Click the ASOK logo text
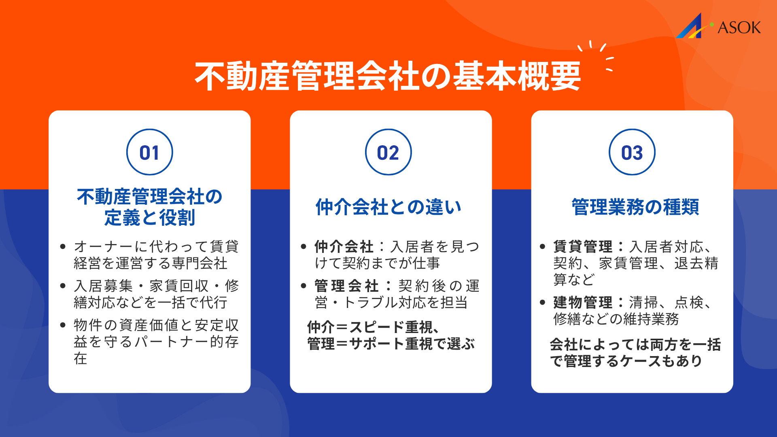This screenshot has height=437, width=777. click(x=739, y=28)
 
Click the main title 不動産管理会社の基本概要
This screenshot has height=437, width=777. click(x=388, y=76)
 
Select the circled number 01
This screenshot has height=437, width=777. click(x=149, y=153)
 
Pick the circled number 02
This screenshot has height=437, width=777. click(x=388, y=153)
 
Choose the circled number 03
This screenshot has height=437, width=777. click(x=632, y=153)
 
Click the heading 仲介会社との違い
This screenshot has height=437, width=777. click(x=388, y=207)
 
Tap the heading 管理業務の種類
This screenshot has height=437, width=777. click(x=635, y=207)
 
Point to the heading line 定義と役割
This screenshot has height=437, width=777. click(x=149, y=218)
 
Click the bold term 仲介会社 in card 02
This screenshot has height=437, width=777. click(x=344, y=246)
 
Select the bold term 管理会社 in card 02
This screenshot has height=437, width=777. click(x=346, y=286)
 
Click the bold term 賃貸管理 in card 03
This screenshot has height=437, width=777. click(x=583, y=246)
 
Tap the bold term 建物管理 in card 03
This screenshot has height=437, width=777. click(x=583, y=302)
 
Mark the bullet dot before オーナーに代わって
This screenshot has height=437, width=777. click(x=63, y=246)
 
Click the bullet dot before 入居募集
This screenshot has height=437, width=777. click(x=63, y=286)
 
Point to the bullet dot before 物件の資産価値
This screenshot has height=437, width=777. click(x=63, y=325)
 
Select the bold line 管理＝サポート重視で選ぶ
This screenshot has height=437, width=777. click(x=391, y=344)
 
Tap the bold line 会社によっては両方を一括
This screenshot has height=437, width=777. click(x=635, y=345)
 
